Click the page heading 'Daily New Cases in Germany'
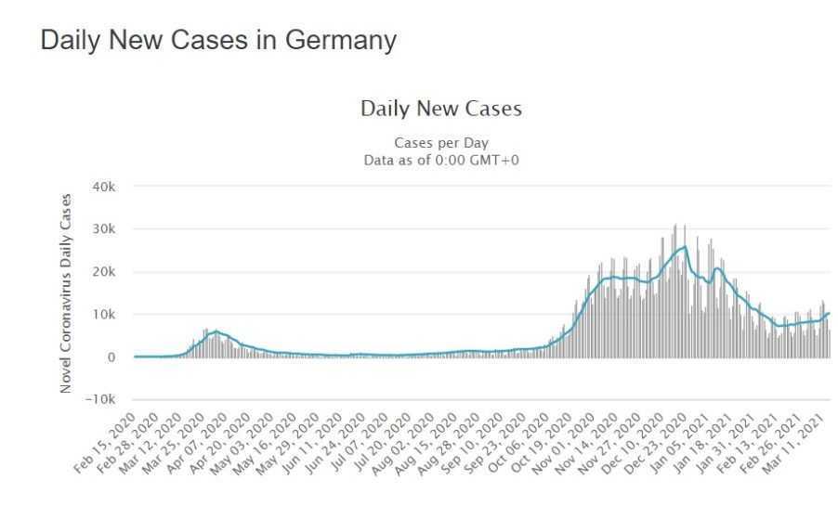coord(218,41)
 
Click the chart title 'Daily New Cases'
coord(440,109)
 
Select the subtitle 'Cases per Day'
coord(440,143)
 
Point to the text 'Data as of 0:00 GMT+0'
coord(440,160)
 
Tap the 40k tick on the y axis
coord(102,187)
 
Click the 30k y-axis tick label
coord(102,229)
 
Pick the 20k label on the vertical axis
coord(102,272)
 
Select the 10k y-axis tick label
coord(102,315)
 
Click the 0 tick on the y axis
coord(111,357)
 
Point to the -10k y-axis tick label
coord(99,400)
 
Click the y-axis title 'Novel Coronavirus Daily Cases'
coord(66,293)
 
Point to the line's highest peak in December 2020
coord(685,247)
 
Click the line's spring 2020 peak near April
coord(216,331)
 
